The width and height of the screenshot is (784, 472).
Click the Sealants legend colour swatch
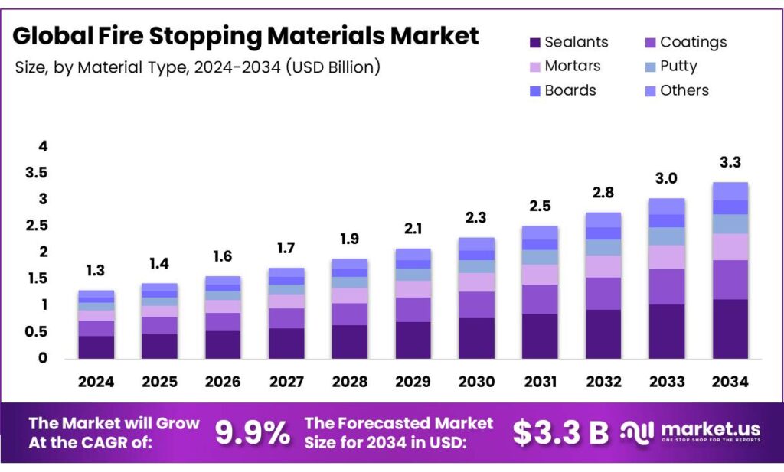[x=534, y=43]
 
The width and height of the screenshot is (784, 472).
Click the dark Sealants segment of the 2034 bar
[x=730, y=329]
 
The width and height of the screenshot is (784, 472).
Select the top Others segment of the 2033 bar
[x=666, y=206]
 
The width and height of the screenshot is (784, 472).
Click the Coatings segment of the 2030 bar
[x=476, y=304]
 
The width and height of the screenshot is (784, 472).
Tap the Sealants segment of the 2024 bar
[x=96, y=347]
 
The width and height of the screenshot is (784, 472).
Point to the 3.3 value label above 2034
[x=730, y=162]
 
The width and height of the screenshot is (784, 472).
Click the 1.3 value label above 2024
[x=96, y=270]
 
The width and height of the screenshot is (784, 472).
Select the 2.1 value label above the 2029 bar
[x=413, y=229]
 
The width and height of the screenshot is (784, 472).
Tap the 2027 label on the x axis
[x=286, y=382]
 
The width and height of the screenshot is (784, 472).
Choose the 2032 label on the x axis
[x=603, y=382]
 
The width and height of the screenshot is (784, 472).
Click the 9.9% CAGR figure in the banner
[x=252, y=433]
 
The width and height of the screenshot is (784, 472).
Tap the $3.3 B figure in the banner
[x=560, y=433]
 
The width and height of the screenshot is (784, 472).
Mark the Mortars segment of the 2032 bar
[x=603, y=266]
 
